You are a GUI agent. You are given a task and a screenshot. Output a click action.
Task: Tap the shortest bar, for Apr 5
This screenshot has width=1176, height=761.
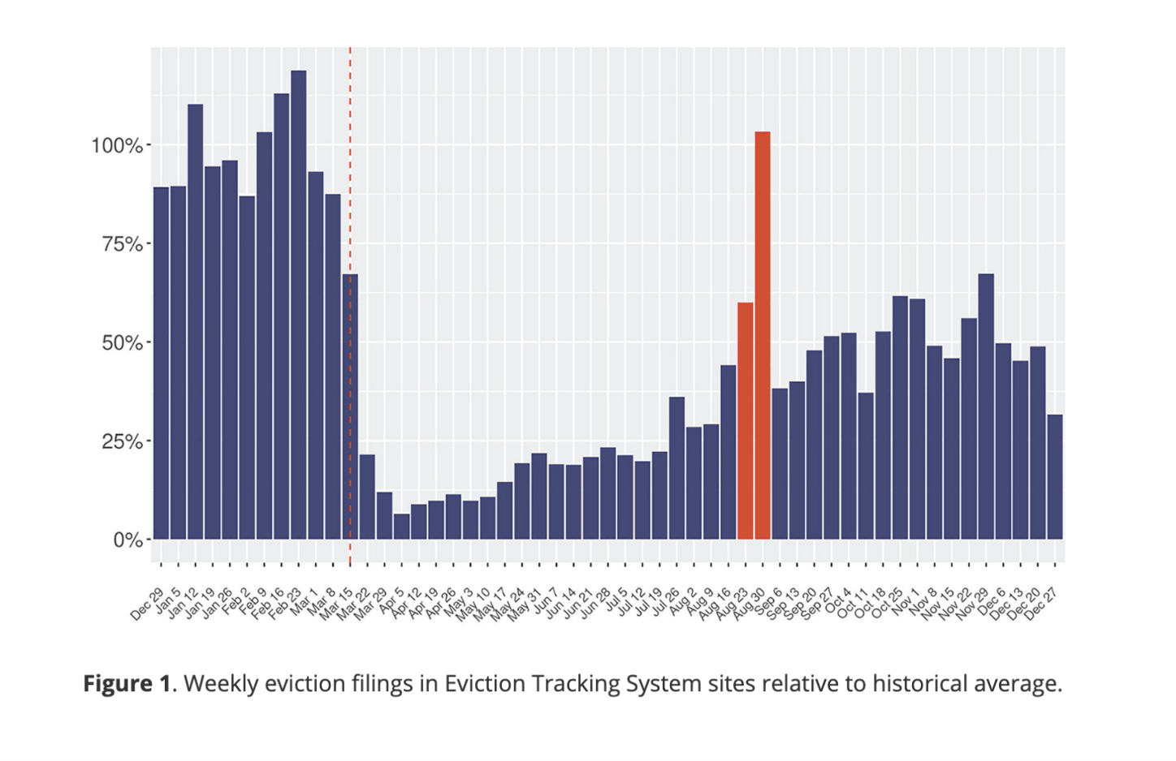(401, 527)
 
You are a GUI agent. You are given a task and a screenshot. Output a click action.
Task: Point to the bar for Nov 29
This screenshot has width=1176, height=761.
(986, 406)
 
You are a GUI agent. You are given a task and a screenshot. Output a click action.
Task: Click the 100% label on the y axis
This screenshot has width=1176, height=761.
(117, 146)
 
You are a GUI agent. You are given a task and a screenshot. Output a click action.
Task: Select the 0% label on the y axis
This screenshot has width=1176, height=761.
(128, 540)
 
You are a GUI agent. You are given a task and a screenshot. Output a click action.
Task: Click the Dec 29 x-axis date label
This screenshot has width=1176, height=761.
(147, 604)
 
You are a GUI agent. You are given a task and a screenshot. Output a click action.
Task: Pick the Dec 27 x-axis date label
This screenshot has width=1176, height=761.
(1041, 604)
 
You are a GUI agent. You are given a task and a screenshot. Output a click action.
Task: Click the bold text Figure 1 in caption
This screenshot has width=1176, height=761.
(127, 683)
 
